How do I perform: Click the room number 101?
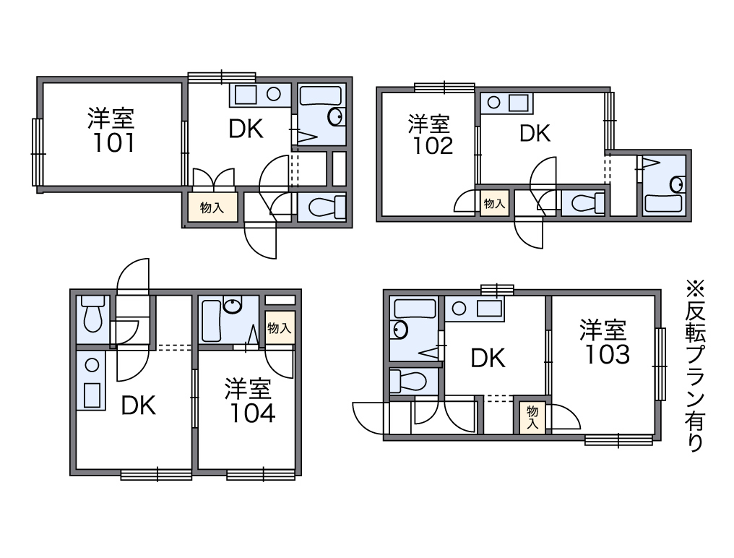(114, 143)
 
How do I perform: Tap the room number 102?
(433, 146)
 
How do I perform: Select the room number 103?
(607, 355)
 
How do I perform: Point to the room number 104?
(252, 413)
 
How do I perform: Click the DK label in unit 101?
(246, 129)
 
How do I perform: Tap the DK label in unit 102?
(535, 134)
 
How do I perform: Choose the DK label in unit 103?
(488, 359)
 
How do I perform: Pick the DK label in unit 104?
(139, 405)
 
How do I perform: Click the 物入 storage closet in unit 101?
(212, 207)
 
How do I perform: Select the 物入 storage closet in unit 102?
(494, 203)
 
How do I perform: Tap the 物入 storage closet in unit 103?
(532, 417)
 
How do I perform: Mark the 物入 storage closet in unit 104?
(280, 328)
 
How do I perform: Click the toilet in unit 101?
(321, 207)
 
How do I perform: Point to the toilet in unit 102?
(583, 203)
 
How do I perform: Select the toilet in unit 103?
(407, 380)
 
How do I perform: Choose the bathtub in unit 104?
(211, 321)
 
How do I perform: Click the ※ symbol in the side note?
(695, 288)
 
